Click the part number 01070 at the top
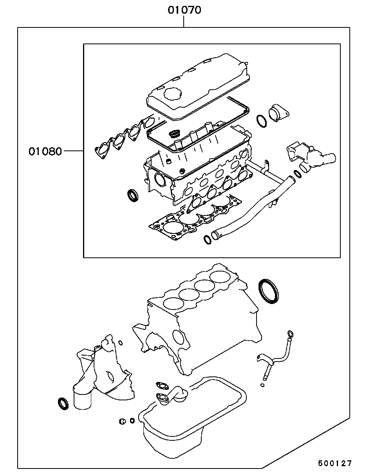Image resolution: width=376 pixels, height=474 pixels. [x=184, y=10]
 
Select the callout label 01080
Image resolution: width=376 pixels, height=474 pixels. [x=45, y=152]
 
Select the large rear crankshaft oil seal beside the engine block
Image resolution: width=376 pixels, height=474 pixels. [x=268, y=291]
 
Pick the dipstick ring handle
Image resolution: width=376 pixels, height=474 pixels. [x=290, y=335]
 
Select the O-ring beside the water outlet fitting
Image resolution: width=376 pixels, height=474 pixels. [x=262, y=121]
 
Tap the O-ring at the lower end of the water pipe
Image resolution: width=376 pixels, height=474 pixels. [x=207, y=240]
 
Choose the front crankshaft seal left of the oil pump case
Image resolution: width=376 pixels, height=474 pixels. [x=63, y=404]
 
